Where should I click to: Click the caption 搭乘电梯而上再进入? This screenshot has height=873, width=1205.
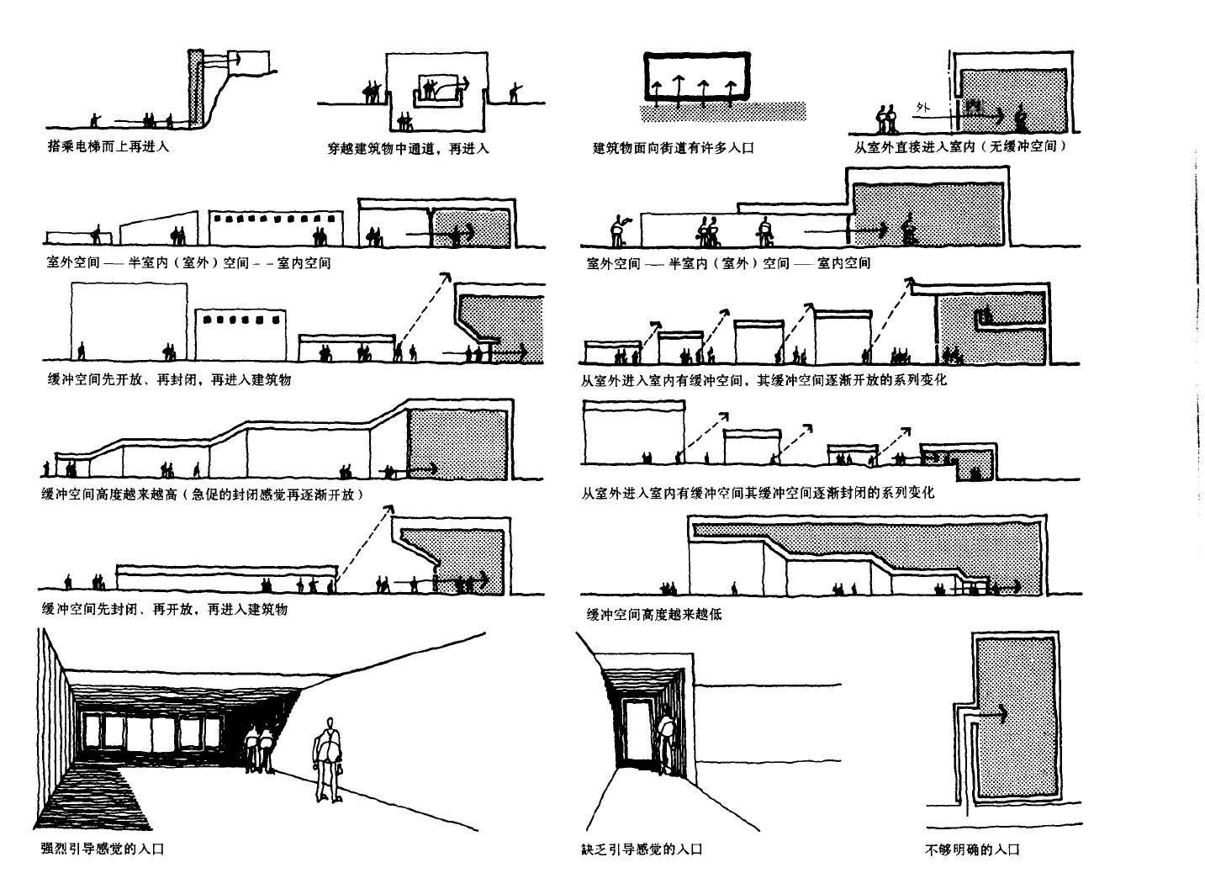click(x=108, y=146)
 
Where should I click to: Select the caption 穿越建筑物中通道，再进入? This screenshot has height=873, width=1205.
click(x=408, y=149)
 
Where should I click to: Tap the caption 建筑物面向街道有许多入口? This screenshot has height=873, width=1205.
click(x=673, y=148)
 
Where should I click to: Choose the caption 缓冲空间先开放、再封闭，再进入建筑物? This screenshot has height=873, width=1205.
click(x=168, y=379)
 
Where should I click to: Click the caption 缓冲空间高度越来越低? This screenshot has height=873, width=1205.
click(x=653, y=614)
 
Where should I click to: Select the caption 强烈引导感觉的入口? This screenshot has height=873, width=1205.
click(x=102, y=849)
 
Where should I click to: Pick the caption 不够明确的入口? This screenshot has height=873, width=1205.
click(x=971, y=849)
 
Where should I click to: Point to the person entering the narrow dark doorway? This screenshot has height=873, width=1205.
click(x=666, y=740)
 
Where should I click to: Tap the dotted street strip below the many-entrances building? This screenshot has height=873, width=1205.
click(x=723, y=110)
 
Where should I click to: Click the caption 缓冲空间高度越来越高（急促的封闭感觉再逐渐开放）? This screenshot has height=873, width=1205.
click(x=208, y=495)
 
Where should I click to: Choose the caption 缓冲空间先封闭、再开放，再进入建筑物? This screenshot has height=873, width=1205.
click(x=164, y=609)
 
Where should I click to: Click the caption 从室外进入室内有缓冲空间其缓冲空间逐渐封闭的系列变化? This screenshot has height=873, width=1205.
click(x=757, y=492)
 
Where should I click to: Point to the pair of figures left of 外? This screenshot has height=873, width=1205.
click(x=887, y=119)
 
